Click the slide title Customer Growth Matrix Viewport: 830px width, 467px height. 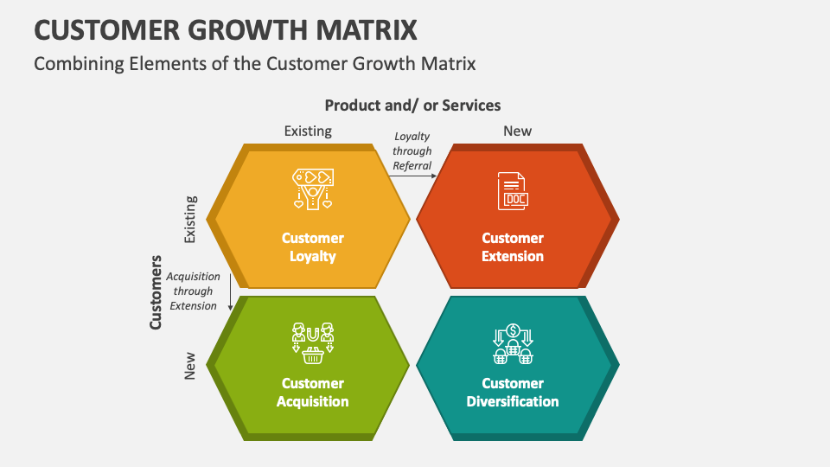(226, 29)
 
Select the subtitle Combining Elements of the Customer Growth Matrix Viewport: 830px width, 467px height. (254, 64)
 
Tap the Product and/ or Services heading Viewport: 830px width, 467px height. (412, 106)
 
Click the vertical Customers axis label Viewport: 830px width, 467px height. (156, 291)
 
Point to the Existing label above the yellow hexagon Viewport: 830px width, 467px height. (308, 131)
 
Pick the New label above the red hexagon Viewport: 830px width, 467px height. (517, 131)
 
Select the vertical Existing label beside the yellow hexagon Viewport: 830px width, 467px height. (191, 219)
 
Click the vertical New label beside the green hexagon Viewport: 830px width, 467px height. (191, 365)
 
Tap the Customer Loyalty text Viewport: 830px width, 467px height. (312, 247)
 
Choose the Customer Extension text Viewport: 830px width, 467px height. (513, 247)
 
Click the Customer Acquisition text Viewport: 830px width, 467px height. (312, 393)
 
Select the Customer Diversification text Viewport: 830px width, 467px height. (513, 393)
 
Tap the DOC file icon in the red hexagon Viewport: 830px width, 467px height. (513, 191)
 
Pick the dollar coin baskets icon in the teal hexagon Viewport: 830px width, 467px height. (513, 343)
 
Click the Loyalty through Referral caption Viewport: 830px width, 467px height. (412, 151)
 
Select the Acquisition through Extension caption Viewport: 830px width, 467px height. (193, 291)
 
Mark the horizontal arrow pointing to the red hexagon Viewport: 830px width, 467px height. (412, 176)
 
